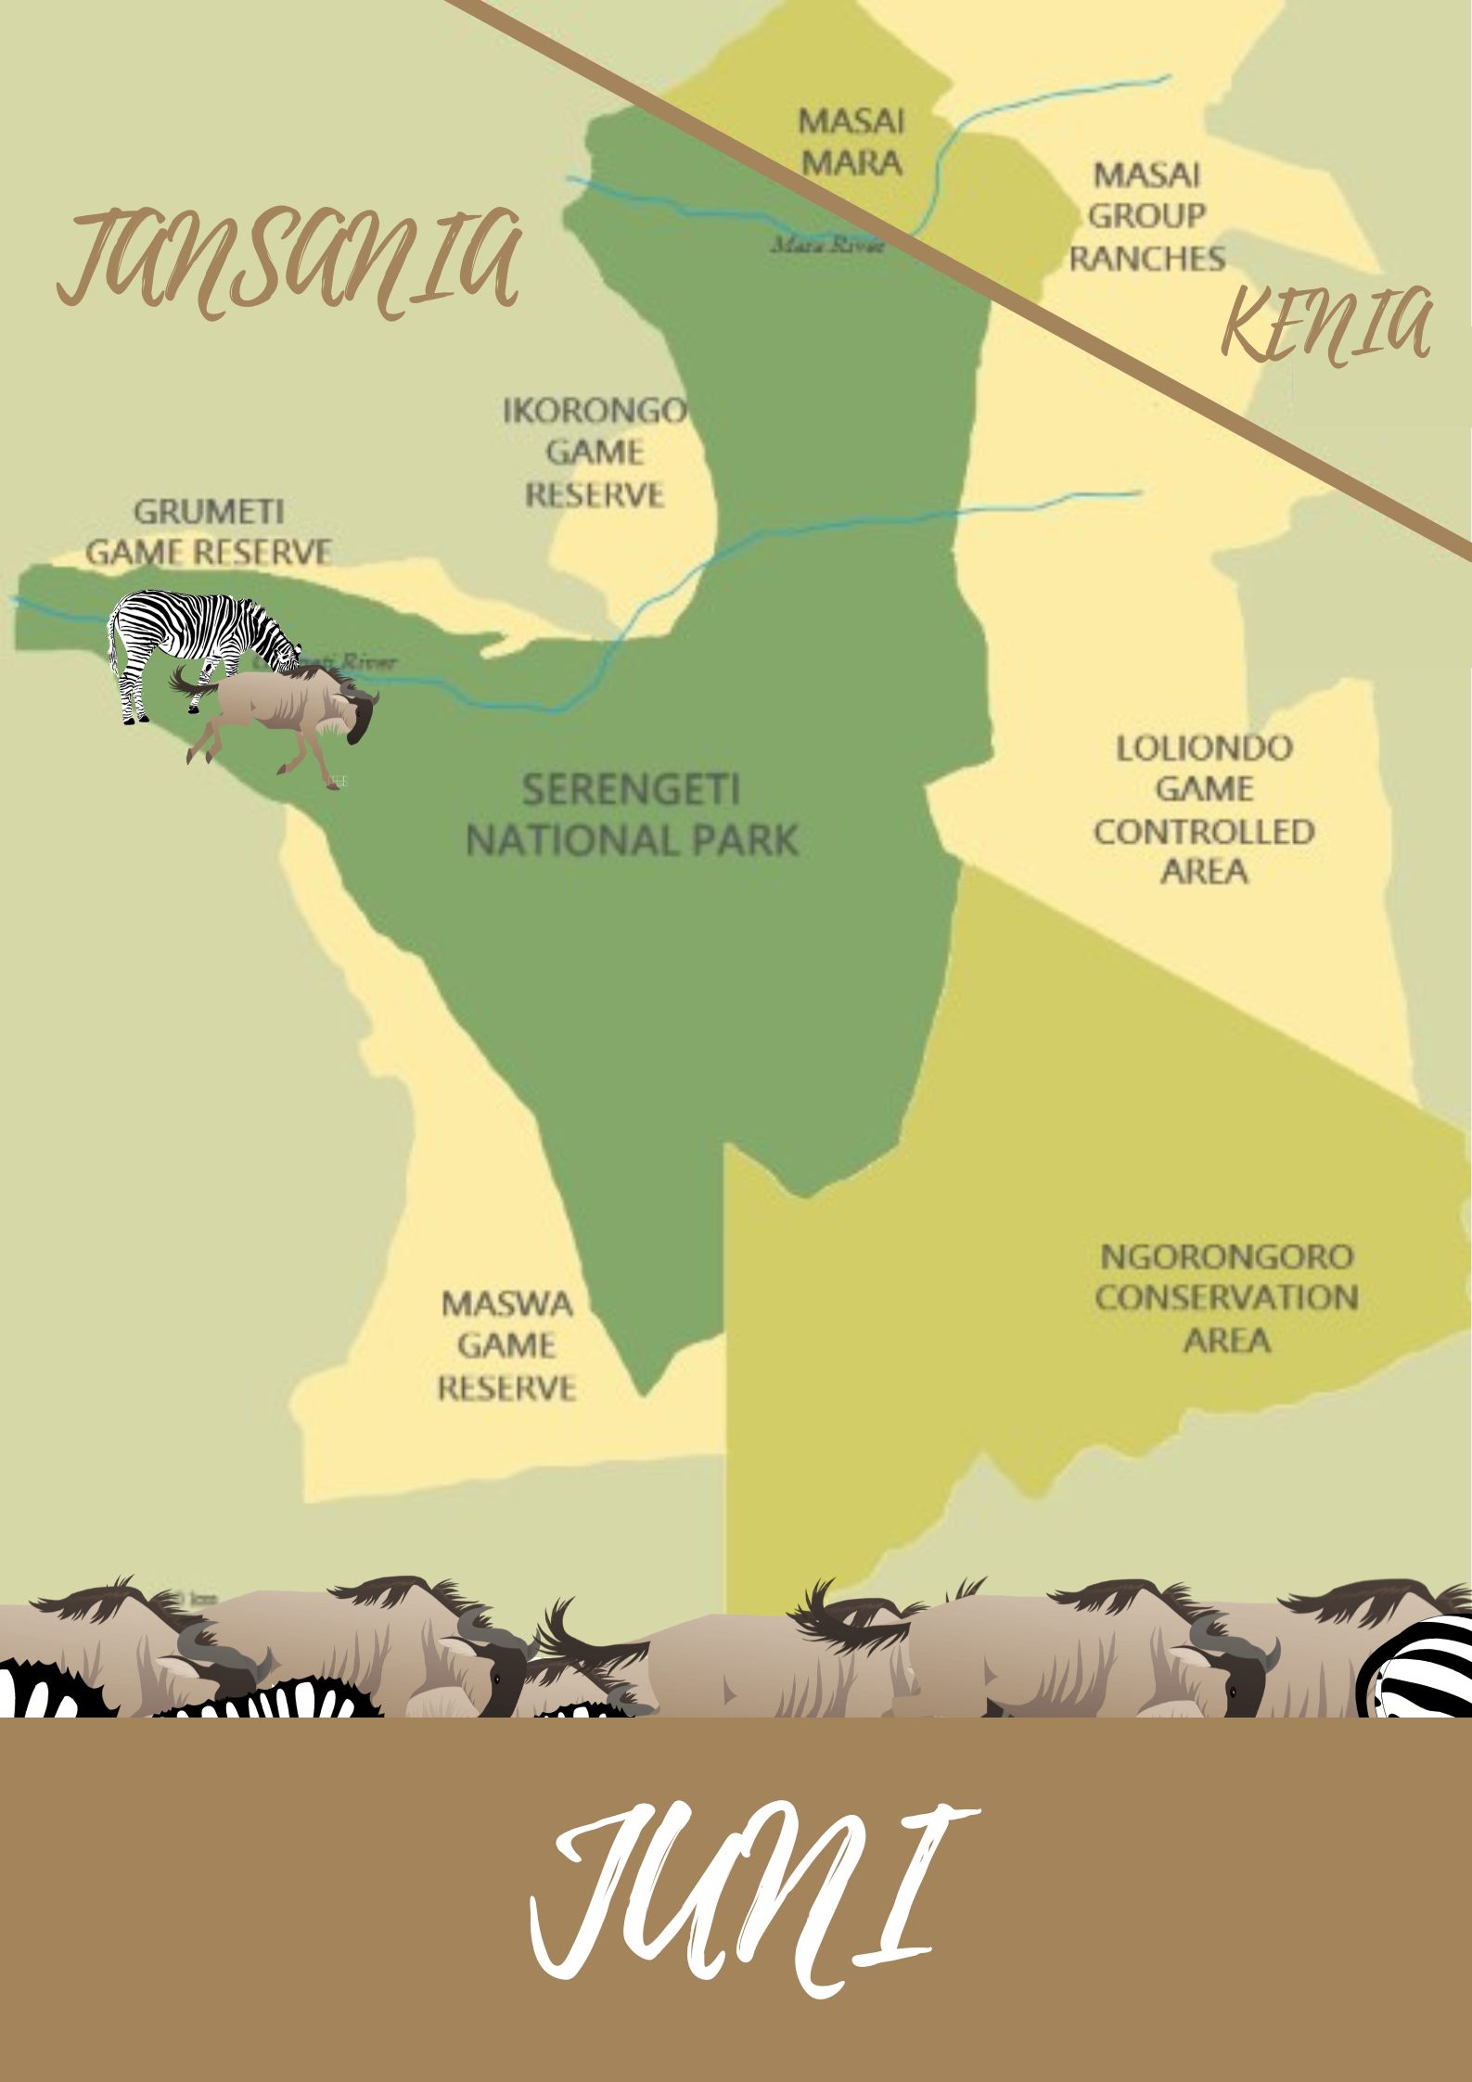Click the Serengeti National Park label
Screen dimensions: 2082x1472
[x=631, y=815]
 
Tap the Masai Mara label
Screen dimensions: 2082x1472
[x=851, y=142]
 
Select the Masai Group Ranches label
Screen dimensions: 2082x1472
[x=1147, y=216]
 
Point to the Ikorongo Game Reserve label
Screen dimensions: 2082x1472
[x=595, y=453]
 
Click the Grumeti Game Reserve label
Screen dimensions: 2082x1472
[x=209, y=531]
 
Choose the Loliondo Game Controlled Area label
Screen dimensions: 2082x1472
[x=1204, y=809]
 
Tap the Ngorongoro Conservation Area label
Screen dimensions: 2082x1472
[x=1226, y=1297]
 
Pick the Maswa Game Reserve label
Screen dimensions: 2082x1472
[x=506, y=1346]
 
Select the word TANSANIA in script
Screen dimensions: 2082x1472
[x=288, y=260]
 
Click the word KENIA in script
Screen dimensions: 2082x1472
[x=1326, y=325]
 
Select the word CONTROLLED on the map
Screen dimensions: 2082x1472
[x=1204, y=831]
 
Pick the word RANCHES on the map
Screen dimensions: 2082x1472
[x=1147, y=258]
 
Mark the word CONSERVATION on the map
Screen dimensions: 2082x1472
[x=1226, y=1297]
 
